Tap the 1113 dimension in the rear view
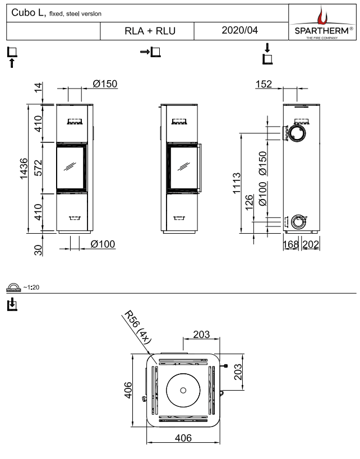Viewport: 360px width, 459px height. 237,184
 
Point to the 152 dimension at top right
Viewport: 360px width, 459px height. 263,84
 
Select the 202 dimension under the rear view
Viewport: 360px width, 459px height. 310,245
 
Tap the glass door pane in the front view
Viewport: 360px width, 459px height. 71,167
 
